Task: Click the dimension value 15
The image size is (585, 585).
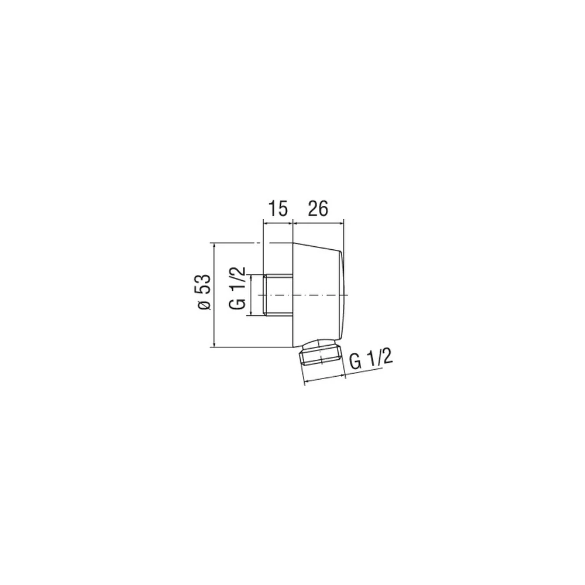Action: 278,209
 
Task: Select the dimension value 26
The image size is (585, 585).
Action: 318,209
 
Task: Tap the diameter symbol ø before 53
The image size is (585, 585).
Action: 204,304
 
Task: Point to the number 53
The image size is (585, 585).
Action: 204,285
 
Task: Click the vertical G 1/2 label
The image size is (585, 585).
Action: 238,288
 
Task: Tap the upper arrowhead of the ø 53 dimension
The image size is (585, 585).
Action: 214,246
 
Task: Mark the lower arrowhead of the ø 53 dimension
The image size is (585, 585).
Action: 214,345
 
